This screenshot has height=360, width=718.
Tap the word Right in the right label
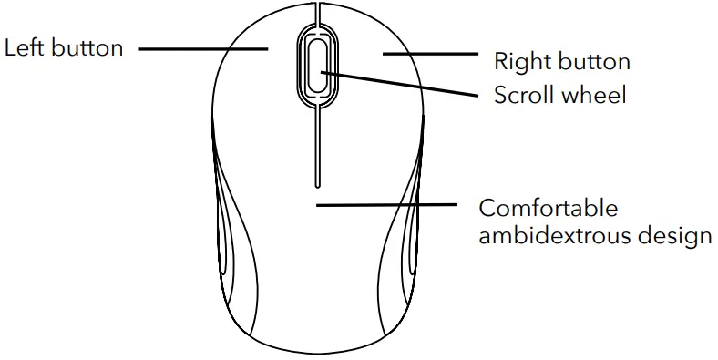click(x=520, y=62)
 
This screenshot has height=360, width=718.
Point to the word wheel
click(x=593, y=94)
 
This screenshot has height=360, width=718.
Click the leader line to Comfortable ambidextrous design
click(x=387, y=205)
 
